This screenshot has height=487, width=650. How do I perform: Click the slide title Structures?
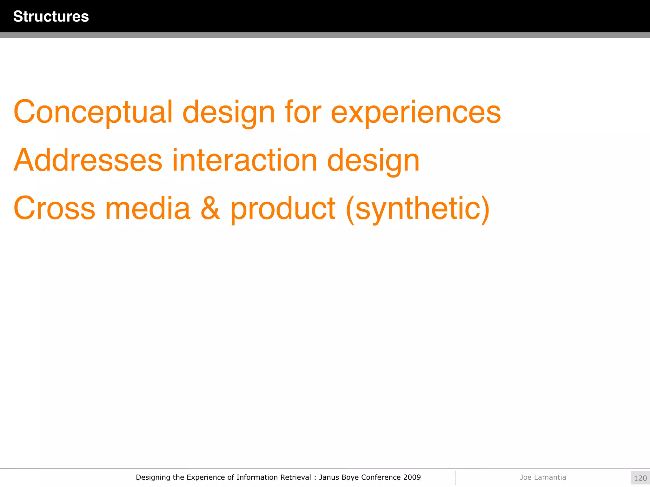(x=51, y=16)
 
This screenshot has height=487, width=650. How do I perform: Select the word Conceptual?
(x=93, y=112)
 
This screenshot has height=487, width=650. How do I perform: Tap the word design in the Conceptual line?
(x=229, y=112)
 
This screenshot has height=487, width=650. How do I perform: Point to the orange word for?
(x=303, y=112)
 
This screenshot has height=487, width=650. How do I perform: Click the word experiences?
(x=416, y=112)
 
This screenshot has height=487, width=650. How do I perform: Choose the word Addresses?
(x=88, y=160)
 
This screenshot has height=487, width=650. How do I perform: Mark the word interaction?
(x=244, y=160)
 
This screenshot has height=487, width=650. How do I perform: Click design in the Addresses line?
(x=373, y=161)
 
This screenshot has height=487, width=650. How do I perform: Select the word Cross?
(x=54, y=208)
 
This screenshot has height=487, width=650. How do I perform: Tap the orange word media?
(x=148, y=208)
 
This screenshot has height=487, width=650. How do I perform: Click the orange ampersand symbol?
(x=210, y=208)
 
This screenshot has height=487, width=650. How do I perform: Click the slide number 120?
(x=640, y=478)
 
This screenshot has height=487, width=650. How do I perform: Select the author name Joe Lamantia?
(x=543, y=477)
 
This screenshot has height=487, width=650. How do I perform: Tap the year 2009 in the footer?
(x=412, y=477)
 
